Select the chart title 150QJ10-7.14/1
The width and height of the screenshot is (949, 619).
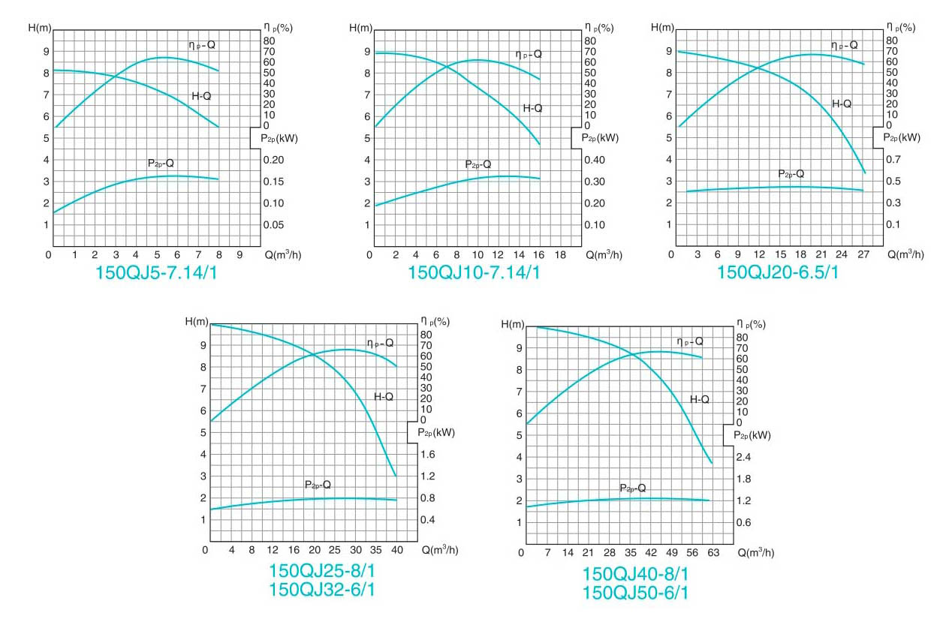[474, 272]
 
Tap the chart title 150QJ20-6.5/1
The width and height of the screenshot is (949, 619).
[779, 272]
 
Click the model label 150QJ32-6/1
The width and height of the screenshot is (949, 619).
[322, 590]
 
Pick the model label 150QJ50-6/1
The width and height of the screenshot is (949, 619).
[635, 593]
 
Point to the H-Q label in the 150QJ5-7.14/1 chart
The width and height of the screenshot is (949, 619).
[201, 96]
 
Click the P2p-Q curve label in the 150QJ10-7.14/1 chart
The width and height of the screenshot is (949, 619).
[478, 164]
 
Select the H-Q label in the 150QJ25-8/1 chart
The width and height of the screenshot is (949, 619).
[384, 396]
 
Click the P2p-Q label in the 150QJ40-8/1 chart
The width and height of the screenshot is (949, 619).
[632, 488]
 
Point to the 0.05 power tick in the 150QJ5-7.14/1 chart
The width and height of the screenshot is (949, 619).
[273, 225]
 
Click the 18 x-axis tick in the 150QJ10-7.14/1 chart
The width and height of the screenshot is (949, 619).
[560, 255]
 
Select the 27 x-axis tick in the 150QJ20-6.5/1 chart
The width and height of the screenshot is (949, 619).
[863, 255]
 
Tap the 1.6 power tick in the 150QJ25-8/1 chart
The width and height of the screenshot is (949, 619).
[428, 455]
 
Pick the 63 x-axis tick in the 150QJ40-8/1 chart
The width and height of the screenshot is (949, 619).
[713, 553]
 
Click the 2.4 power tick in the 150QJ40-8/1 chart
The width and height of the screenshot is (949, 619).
[743, 457]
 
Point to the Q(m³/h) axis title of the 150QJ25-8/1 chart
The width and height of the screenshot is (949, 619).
[438, 550]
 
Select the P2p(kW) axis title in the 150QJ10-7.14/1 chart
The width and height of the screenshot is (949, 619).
[600, 137]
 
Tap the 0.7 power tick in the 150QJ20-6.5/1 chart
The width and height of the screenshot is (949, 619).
[892, 160]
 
